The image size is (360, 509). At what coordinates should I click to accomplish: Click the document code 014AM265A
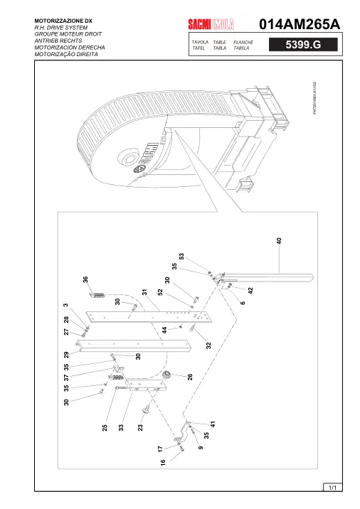[x=300, y=24]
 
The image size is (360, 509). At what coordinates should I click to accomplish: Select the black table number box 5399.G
[x=303, y=45]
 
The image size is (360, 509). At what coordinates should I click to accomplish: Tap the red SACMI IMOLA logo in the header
[x=211, y=24]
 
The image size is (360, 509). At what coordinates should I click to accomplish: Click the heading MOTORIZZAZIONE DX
[x=63, y=21]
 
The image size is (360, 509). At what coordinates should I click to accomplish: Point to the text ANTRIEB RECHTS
[x=58, y=41]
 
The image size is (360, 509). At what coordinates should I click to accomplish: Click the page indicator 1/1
[x=332, y=487]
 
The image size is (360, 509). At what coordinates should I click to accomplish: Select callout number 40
[x=279, y=241]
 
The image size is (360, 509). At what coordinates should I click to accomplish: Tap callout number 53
[x=181, y=257]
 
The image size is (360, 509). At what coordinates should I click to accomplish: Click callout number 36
[x=85, y=279]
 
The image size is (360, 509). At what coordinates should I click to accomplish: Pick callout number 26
[x=190, y=377]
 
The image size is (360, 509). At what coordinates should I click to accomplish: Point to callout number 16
[x=163, y=461]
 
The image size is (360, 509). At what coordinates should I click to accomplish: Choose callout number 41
[x=213, y=424]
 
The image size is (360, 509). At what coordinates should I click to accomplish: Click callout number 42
[x=250, y=291]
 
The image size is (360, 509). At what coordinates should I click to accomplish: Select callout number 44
[x=164, y=330]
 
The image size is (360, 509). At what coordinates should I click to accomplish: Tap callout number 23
[x=140, y=427]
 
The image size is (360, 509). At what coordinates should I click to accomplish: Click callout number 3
[x=65, y=305]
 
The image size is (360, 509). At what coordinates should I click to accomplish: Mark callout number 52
[x=160, y=292]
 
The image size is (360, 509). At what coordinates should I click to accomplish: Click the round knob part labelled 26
[x=166, y=375]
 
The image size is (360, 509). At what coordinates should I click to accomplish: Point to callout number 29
[x=66, y=355]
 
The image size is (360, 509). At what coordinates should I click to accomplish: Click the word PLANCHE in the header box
[x=243, y=42]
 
